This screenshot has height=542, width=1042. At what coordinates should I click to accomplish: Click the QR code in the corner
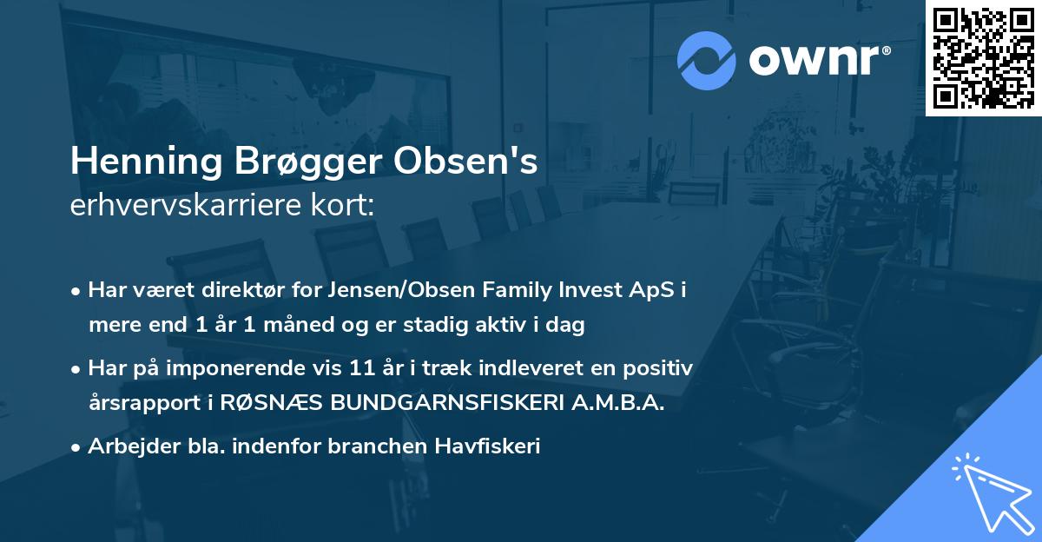(983, 57)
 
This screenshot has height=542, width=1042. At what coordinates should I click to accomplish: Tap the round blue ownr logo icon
(706, 61)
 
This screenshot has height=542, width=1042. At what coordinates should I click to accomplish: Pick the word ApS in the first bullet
(653, 290)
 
